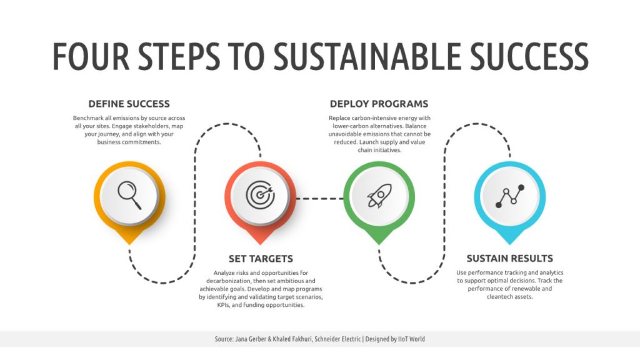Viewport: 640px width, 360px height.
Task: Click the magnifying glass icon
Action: click(129, 195)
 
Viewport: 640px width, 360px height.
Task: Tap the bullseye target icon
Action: click(261, 195)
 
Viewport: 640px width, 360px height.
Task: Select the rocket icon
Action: click(379, 196)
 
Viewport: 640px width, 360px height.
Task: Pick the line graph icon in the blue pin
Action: click(510, 196)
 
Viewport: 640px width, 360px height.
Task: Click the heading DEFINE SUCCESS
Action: click(129, 104)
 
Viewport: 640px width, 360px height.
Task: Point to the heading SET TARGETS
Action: click(261, 259)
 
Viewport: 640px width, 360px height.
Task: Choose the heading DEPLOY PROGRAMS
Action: click(379, 104)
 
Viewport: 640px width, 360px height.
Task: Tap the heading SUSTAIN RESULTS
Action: click(510, 258)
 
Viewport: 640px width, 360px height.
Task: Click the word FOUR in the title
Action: click(91, 56)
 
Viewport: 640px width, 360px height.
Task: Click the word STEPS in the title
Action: click(179, 56)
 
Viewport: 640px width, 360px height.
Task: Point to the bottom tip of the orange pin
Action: click(129, 244)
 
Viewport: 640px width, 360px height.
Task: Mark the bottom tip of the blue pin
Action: click(510, 244)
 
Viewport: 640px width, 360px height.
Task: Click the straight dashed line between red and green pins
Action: click(319, 199)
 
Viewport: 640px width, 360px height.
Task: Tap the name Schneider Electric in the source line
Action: click(337, 339)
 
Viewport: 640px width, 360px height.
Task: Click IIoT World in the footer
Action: click(411, 339)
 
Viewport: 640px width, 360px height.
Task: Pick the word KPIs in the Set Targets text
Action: click(223, 305)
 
